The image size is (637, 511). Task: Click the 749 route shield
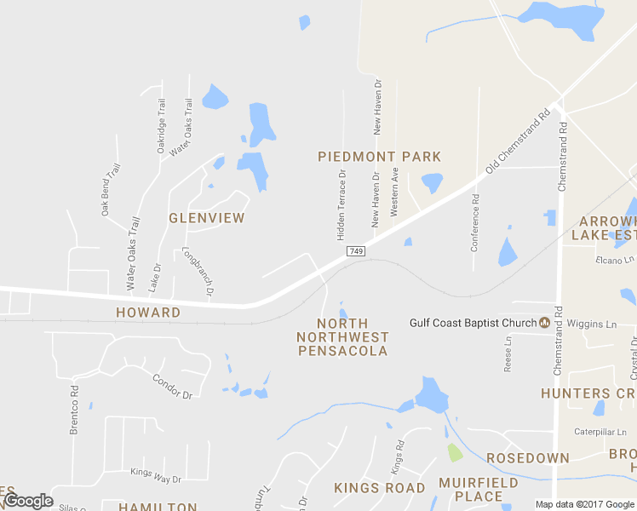tap(356, 252)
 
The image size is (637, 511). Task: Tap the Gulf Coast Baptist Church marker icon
tap(544, 323)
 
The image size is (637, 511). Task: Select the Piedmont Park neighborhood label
tap(379, 157)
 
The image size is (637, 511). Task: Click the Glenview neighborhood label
tap(206, 218)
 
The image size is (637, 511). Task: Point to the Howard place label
tap(148, 313)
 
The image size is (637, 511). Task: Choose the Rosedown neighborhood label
tap(528, 458)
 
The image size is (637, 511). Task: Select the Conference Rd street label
tap(475, 223)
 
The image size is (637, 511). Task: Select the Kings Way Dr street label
tap(156, 471)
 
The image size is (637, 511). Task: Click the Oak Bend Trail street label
tap(112, 189)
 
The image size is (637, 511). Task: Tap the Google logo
tap(28, 501)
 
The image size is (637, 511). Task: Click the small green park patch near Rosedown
tap(455, 452)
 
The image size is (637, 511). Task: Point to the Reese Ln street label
tap(508, 353)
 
